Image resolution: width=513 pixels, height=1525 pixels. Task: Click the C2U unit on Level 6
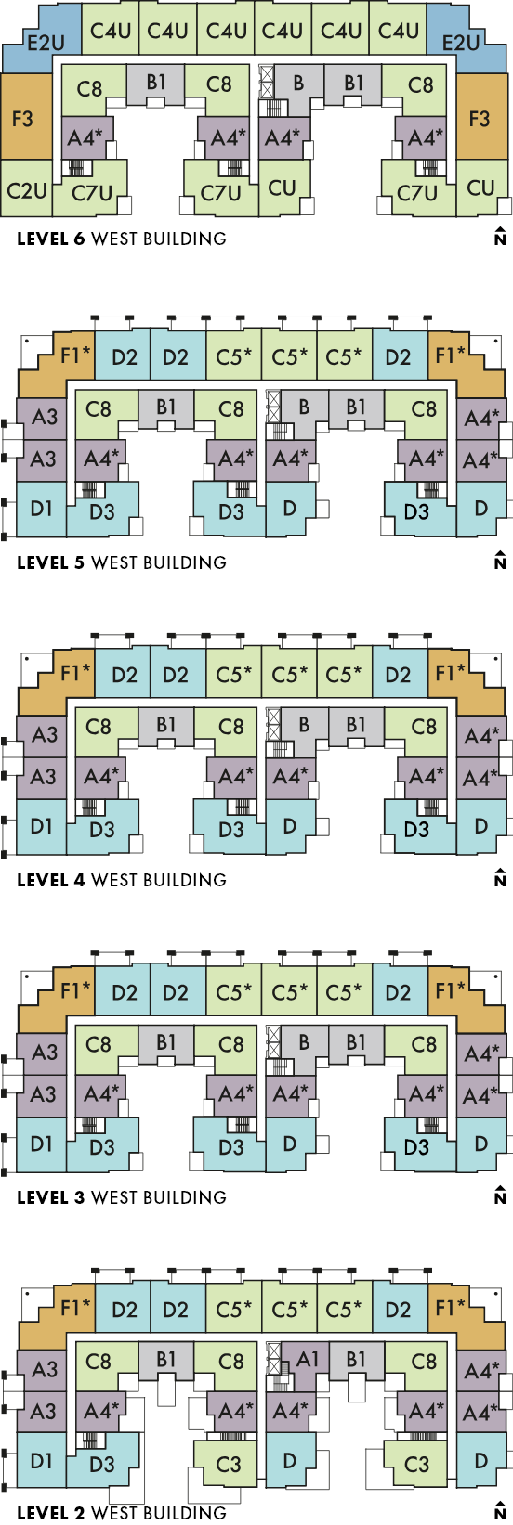[x=26, y=188]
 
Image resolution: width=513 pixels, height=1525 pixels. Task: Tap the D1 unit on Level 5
[x=41, y=509]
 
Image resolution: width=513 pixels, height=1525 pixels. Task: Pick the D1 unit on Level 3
[x=41, y=1144]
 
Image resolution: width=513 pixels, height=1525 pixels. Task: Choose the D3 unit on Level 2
[x=102, y=1464]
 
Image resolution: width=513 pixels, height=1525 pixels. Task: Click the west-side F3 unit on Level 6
[x=26, y=117]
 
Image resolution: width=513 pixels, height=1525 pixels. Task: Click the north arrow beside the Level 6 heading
[x=500, y=236]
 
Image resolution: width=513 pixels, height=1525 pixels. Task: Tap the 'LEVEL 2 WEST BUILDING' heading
[x=121, y=1514]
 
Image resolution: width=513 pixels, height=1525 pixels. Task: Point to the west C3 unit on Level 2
[x=229, y=1464]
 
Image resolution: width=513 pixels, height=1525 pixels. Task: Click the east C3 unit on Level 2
[x=417, y=1464]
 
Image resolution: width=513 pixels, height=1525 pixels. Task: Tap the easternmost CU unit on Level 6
[x=481, y=188]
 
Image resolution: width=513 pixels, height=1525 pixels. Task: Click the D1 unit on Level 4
[x=41, y=826]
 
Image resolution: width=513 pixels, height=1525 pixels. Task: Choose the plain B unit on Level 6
[x=297, y=88]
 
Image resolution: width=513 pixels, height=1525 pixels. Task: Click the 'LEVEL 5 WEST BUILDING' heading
[x=121, y=562]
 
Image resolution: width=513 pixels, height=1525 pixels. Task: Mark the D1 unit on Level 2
[x=41, y=1461]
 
